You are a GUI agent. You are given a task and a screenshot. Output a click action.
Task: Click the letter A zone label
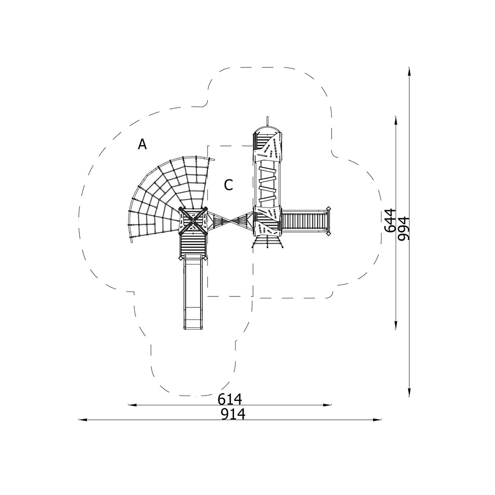(x=143, y=144)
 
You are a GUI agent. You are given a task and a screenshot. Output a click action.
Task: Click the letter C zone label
(x=228, y=185)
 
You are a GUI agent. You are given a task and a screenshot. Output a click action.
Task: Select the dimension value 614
(x=230, y=399)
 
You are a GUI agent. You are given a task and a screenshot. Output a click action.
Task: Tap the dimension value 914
(x=233, y=414)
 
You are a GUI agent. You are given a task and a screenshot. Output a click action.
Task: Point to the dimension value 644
(x=391, y=220)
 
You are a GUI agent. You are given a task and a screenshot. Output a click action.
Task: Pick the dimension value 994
(x=403, y=229)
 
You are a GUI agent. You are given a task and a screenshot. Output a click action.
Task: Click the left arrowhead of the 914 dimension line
(x=82, y=420)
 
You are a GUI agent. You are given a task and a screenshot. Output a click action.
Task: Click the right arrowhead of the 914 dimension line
(x=378, y=420)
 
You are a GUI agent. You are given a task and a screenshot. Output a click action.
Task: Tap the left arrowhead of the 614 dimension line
(x=132, y=405)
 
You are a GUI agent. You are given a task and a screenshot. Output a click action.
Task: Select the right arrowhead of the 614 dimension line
(x=328, y=405)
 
